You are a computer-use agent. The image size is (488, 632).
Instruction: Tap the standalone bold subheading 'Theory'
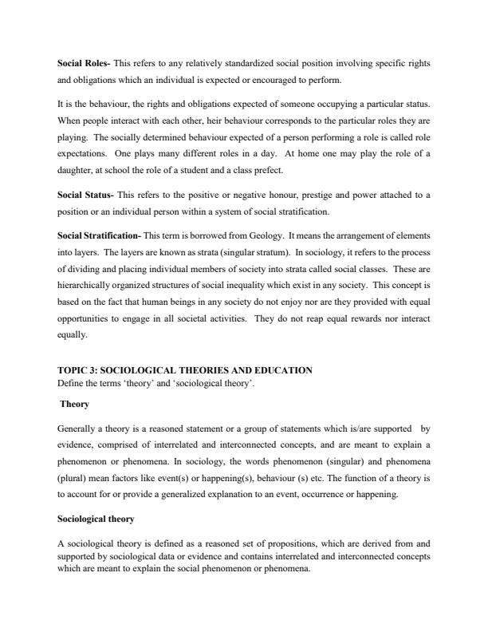[x=76, y=405]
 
